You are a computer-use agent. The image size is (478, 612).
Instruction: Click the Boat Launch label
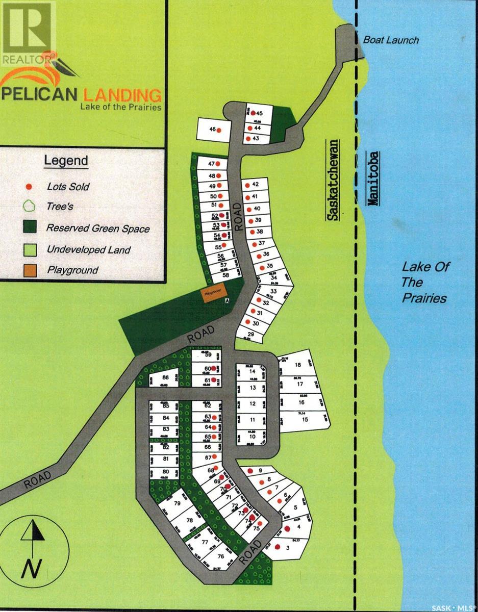(391, 40)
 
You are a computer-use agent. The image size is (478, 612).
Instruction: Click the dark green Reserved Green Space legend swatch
(30, 228)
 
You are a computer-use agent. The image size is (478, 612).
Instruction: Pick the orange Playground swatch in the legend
(30, 269)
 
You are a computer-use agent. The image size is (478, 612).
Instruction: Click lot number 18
(298, 365)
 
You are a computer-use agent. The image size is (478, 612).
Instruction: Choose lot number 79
(178, 503)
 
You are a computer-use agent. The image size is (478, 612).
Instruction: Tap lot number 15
(305, 419)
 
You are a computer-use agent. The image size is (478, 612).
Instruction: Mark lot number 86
(165, 378)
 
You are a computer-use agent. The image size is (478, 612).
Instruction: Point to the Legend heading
(66, 161)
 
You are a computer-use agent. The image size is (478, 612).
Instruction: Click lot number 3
(289, 548)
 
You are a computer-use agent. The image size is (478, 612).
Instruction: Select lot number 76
(221, 556)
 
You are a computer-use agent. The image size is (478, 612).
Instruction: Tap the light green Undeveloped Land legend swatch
(30, 249)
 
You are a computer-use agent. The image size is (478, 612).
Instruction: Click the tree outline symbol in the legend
(30, 207)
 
